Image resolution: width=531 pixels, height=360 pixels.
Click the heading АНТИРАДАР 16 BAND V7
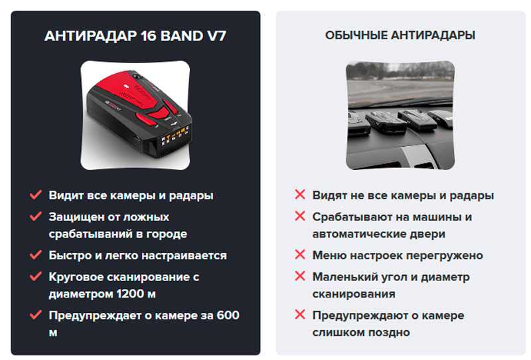pos(135,36)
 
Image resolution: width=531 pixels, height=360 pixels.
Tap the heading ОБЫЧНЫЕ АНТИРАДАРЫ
pos(400,35)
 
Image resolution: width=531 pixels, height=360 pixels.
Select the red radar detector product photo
pos(135,116)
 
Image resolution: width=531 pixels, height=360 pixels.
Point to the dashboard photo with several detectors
pos(400,116)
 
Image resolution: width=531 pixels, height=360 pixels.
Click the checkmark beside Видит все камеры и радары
pos(36,195)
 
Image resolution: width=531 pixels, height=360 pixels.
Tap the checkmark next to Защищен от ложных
pos(36,216)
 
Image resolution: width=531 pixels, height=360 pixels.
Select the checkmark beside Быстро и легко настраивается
pos(36,254)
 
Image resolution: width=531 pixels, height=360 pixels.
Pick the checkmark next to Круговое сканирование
pos(36,276)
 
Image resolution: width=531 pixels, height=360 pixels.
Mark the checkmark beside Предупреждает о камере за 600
pos(36,315)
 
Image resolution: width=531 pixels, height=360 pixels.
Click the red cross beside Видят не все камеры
pos(300,195)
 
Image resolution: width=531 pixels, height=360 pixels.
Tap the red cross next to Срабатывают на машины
pos(300,216)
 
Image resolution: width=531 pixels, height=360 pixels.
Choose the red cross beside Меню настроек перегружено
pos(300,254)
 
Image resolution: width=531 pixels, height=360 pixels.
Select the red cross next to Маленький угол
pos(300,276)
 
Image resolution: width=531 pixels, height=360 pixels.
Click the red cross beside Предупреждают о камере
pos(300,315)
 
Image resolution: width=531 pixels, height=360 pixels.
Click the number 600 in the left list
pos(228,315)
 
